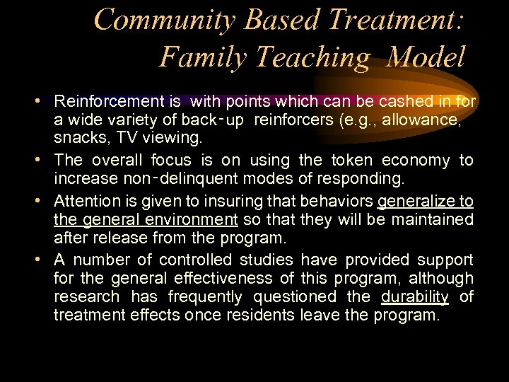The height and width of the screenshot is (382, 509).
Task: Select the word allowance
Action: click(x=426, y=121)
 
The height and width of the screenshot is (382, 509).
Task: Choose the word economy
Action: click(x=416, y=161)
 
